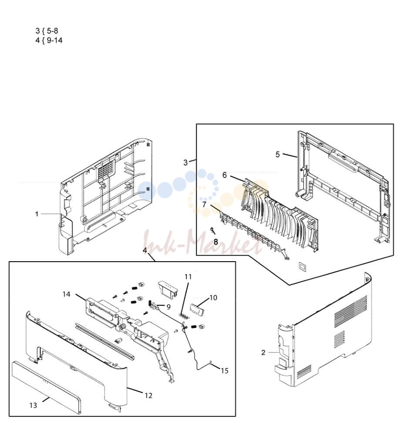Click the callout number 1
37,214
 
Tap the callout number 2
263,352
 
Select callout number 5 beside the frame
277,154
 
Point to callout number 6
225,175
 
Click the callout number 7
204,204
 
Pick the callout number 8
215,242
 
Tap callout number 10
213,297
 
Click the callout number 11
188,277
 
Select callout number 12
148,396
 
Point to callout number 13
33,405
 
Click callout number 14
66,294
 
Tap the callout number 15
224,371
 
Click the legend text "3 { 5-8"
47,31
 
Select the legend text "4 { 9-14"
49,40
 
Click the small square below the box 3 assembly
302,266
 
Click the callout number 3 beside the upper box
185,163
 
